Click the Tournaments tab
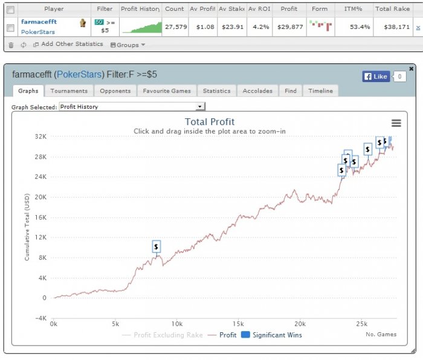[69, 91]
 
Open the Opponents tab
[115, 91]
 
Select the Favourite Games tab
[167, 91]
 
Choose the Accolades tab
[257, 91]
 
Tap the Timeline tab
[320, 91]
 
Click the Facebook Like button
[376, 77]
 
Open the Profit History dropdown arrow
[199, 106]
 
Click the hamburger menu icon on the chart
[396, 123]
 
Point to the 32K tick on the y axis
[40, 137]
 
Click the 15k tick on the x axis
[238, 324]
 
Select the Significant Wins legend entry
[271, 335]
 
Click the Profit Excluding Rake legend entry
[163, 335]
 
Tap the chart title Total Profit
[210, 122]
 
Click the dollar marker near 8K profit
[156, 246]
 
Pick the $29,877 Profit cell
[290, 27]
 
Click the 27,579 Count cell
[176, 27]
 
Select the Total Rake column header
[393, 9]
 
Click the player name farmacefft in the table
[39, 22]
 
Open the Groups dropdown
[128, 45]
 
